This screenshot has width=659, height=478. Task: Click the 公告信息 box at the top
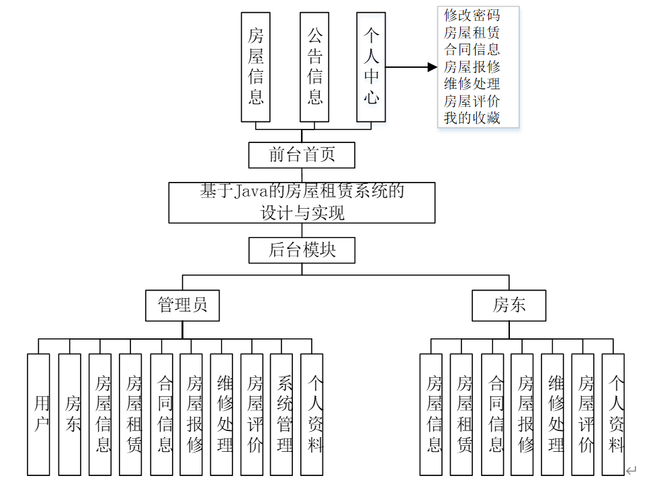[314, 66]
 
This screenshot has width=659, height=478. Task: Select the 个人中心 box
[371, 66]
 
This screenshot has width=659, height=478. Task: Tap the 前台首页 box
[302, 155]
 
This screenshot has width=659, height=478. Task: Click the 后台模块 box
[302, 250]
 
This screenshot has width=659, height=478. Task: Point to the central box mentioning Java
[302, 202]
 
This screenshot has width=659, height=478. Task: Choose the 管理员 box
[183, 305]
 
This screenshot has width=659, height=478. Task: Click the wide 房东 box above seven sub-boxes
[509, 305]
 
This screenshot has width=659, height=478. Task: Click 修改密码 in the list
[472, 15]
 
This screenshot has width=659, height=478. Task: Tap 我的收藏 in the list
[472, 118]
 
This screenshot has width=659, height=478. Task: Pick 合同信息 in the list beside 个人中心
[472, 49]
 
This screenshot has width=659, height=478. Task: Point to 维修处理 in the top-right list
[472, 84]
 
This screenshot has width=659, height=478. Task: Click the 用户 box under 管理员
[39, 414]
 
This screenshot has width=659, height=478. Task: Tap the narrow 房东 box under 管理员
[70, 414]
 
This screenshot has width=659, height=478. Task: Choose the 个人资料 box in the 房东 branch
[613, 414]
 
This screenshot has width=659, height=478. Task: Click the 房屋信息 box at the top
[255, 66]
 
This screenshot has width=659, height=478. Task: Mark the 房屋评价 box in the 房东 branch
[583, 414]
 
